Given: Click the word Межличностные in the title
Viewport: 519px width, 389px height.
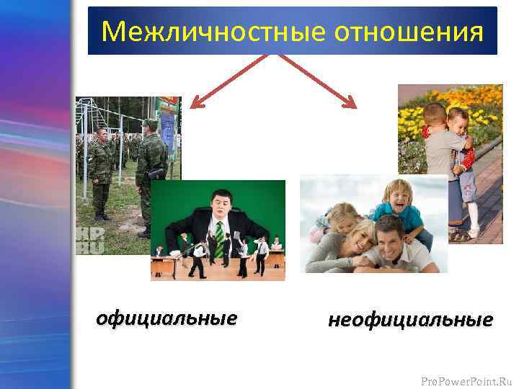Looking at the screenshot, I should tap(195, 32).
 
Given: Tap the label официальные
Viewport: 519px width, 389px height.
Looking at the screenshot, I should tap(167, 318).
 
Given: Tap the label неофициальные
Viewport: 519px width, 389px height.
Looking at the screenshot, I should tap(410, 319).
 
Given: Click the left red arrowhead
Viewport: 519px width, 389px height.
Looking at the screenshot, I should tap(195, 103).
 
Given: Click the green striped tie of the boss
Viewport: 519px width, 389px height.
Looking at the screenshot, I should tap(219, 235).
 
